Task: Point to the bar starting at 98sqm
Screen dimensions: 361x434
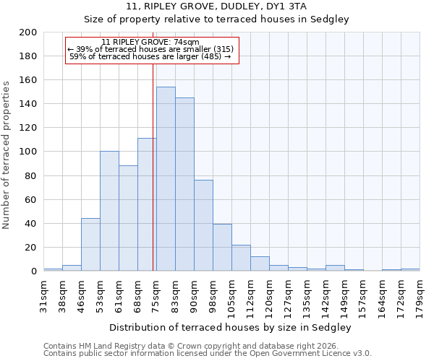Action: pos(222,248)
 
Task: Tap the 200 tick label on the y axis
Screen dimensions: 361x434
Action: pos(28,32)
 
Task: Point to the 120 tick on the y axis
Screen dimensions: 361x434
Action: pos(28,128)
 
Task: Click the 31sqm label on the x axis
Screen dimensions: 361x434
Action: pos(43,294)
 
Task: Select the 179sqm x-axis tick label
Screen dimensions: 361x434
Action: pos(420,294)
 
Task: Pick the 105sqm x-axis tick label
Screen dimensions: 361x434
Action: pos(231,295)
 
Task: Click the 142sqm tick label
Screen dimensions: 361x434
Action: pos(325,295)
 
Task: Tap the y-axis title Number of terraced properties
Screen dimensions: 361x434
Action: pos(7,155)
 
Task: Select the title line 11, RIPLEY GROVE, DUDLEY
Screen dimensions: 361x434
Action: pos(216,6)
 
